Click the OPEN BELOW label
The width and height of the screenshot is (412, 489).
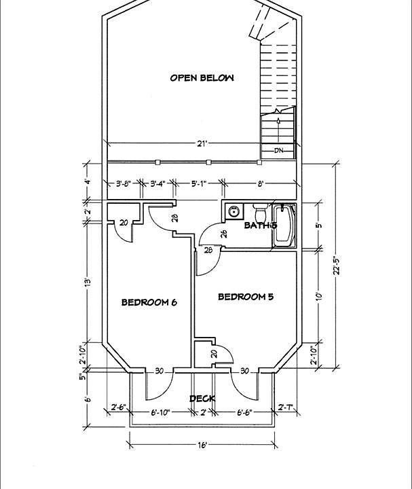click(202, 78)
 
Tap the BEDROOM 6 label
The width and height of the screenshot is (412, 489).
click(149, 302)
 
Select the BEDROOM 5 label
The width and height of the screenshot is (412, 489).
click(246, 297)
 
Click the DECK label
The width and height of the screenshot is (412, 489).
click(202, 399)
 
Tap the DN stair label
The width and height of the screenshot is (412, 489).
click(278, 151)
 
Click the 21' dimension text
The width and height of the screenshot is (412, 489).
click(202, 143)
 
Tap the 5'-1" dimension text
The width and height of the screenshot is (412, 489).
click(199, 183)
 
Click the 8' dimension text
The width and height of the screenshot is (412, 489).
click(261, 183)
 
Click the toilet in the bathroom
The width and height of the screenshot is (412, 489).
click(259, 210)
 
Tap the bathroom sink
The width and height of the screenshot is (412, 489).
click(233, 211)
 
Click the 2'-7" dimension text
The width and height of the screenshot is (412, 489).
click(286, 407)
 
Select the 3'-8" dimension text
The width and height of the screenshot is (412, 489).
click(123, 183)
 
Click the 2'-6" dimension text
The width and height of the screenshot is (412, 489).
click(118, 407)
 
